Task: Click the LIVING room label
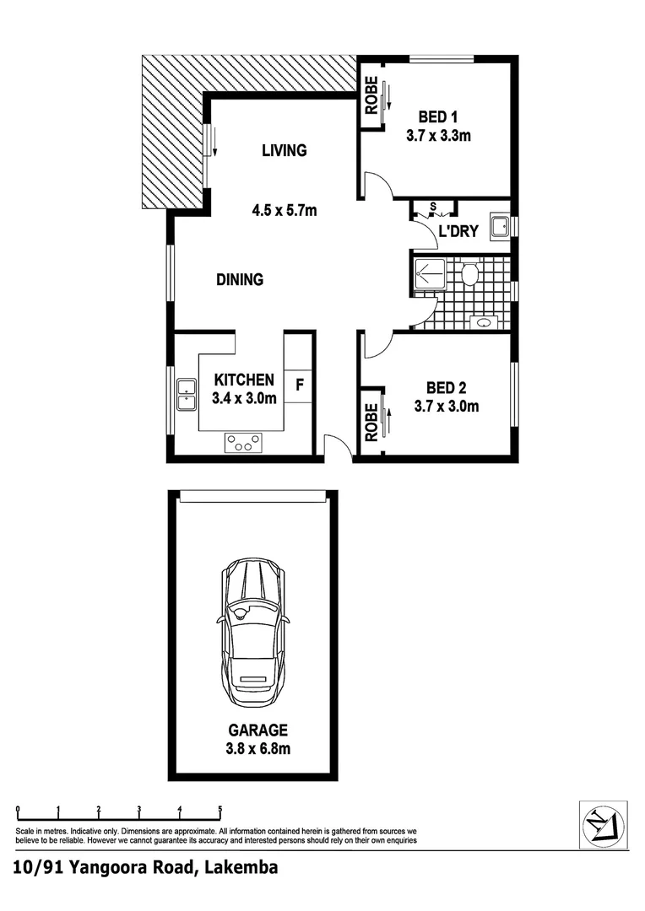click(x=284, y=151)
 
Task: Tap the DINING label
click(x=240, y=280)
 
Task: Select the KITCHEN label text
click(x=244, y=380)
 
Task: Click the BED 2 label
click(x=447, y=388)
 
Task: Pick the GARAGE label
click(x=257, y=730)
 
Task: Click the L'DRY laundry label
click(x=458, y=232)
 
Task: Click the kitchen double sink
click(x=187, y=395)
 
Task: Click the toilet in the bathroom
click(x=470, y=274)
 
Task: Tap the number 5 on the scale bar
click(x=220, y=810)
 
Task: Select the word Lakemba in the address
click(x=240, y=867)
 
